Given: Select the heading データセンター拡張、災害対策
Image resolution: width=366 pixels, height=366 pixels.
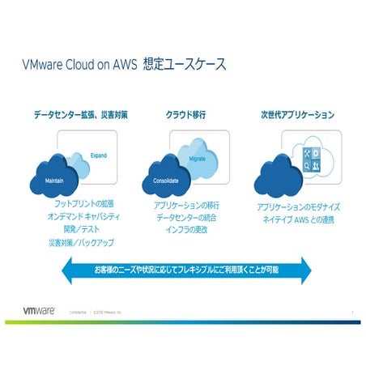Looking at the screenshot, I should (x=82, y=115).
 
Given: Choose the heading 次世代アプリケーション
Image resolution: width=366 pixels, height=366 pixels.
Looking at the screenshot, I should (x=298, y=115).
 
